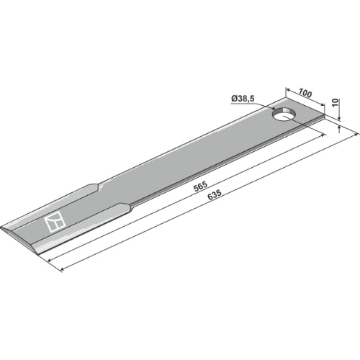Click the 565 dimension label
200,186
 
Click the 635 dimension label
214,195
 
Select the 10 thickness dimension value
336,102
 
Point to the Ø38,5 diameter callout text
243,99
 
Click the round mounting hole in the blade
284,114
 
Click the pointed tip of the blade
2,227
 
